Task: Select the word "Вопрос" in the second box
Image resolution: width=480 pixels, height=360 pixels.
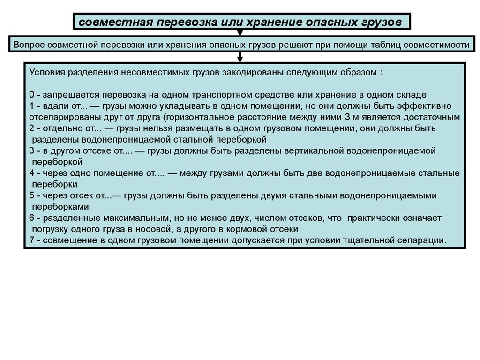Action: [x=30, y=45]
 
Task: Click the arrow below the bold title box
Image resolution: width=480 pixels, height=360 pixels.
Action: [x=240, y=33]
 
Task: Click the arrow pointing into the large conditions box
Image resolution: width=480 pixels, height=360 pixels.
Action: [x=240, y=57]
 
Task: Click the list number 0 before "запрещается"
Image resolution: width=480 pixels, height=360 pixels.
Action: [x=31, y=95]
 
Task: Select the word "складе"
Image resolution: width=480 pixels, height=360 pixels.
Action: [x=413, y=95]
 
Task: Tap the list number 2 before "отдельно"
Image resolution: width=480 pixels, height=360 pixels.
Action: [x=31, y=128]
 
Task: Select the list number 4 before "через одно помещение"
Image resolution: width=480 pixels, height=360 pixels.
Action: [x=31, y=173]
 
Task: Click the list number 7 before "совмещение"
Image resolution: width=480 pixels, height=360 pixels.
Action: [x=31, y=241]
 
